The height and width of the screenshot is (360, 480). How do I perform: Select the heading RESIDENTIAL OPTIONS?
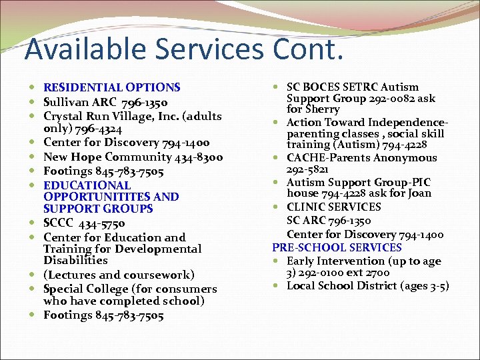pyautogui.click(x=111, y=87)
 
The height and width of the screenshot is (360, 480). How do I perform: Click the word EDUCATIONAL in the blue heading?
pyautogui.click(x=87, y=185)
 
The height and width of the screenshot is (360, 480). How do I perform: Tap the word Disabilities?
pyautogui.click(x=75, y=261)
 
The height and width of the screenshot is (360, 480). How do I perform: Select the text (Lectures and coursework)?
pyautogui.click(x=119, y=275)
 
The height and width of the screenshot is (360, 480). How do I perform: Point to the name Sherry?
pyautogui.click(x=323, y=109)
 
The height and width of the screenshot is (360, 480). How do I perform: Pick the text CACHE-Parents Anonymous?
pyautogui.click(x=361, y=158)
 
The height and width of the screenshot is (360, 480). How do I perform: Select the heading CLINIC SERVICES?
pyautogui.click(x=333, y=207)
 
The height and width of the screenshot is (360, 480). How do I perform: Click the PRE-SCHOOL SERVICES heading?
pyautogui.click(x=337, y=247)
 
